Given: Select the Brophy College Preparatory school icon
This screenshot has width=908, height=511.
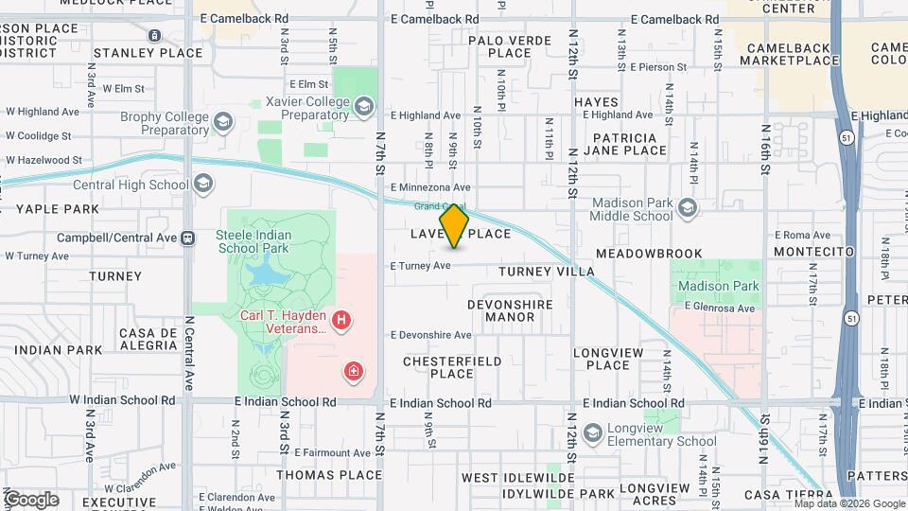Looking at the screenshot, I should [222, 121].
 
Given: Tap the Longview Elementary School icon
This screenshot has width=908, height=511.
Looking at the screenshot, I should [593, 433].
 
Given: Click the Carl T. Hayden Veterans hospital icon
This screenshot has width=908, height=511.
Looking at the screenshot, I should [341, 322].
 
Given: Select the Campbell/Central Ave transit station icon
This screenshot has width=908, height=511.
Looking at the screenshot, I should [187, 238].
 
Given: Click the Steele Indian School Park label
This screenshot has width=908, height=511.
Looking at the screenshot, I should [267, 241].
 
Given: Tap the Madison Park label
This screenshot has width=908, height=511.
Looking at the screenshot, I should [718, 286].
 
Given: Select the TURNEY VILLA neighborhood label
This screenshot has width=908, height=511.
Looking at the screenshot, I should [547, 272].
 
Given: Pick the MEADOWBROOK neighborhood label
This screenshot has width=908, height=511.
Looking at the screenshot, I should [649, 254].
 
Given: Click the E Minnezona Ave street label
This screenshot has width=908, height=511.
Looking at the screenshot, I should [429, 187].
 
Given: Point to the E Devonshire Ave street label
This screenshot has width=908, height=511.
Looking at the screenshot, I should [429, 335].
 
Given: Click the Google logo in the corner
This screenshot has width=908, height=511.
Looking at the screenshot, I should [31, 500].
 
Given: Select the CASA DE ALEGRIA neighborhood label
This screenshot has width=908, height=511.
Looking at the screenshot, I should [148, 339].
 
